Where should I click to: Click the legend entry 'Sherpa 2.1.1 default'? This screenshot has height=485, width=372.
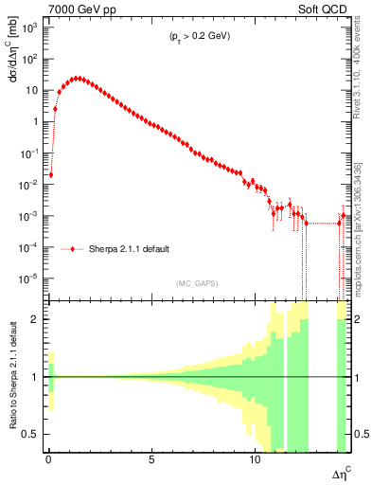tap(130, 249)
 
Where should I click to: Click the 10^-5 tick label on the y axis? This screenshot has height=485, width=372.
tap(29, 278)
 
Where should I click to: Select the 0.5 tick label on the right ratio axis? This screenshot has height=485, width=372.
tap(362, 435)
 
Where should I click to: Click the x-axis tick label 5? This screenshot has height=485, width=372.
tap(151, 458)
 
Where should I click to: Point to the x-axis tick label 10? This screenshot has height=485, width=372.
tap(255, 458)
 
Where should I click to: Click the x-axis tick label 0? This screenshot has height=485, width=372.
tap(48, 458)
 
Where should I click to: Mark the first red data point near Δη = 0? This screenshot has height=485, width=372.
tap(51, 174)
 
